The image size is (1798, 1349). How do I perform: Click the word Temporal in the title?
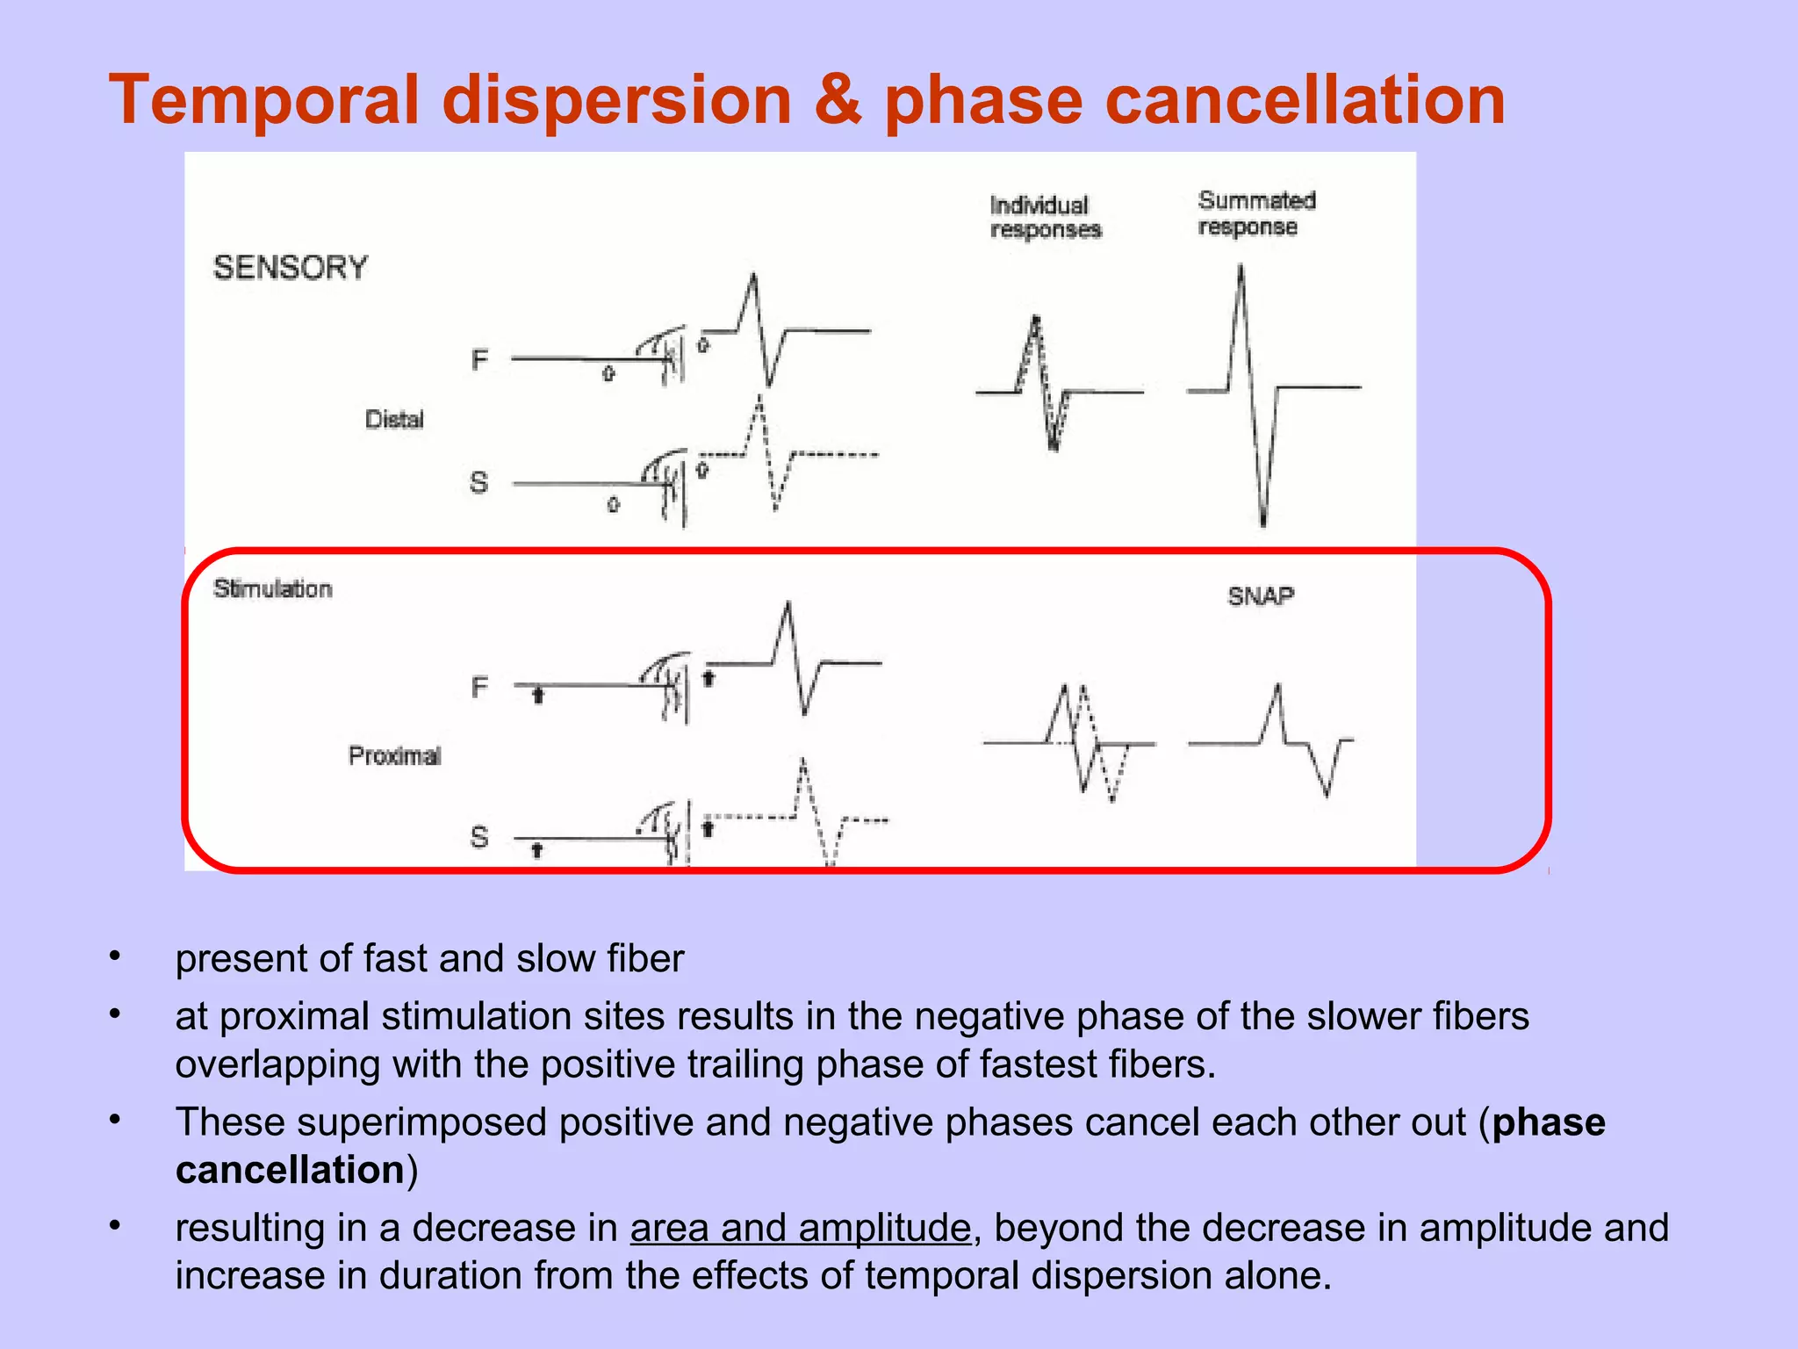263,100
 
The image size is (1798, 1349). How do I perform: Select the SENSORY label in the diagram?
291,268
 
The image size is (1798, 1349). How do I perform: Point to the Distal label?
394,420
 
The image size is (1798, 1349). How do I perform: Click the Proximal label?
394,756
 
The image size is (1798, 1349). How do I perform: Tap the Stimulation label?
273,589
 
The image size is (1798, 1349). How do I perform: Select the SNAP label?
1261,597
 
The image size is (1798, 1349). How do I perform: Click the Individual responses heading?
1045,217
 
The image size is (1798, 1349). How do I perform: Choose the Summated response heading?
1256,213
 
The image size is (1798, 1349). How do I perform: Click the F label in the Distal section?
479,360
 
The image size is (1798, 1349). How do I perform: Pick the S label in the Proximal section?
479,837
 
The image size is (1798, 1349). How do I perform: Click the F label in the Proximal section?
479,687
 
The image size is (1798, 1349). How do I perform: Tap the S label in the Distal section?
478,482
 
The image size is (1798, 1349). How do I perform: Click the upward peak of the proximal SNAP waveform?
1277,688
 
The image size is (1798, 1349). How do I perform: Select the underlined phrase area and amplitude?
801,1228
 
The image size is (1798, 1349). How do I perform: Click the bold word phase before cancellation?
1549,1122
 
